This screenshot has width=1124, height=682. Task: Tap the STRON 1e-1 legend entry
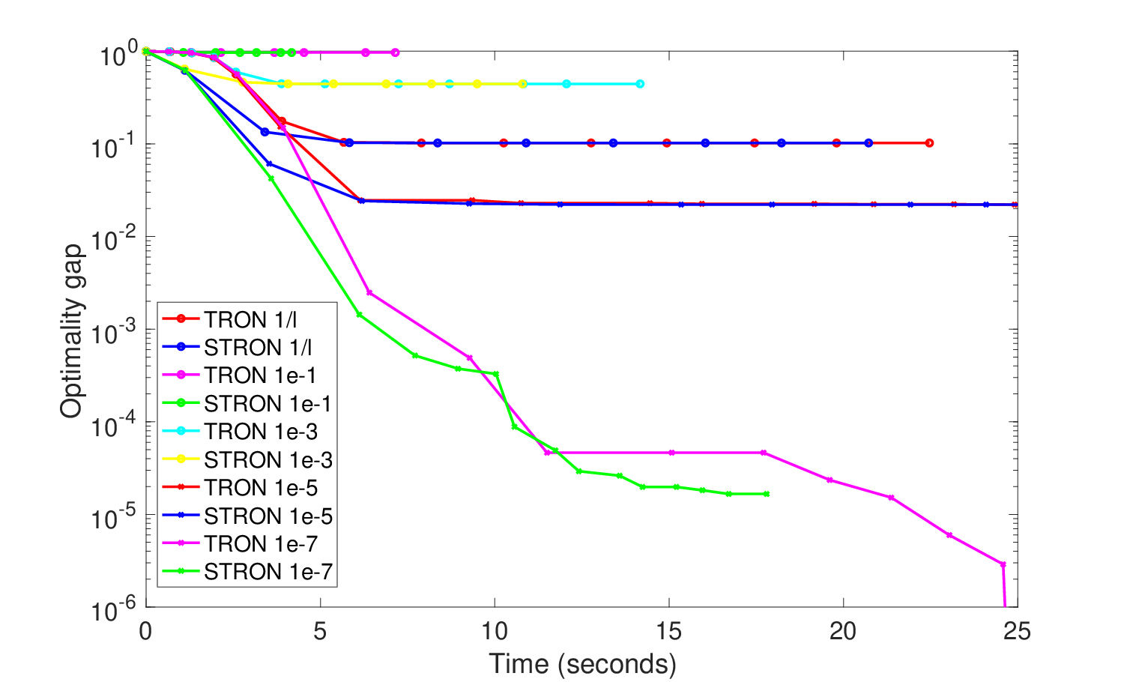click(247, 403)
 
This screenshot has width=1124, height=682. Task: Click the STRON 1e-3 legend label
click(247, 459)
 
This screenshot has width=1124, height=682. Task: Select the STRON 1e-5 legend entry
click(247, 516)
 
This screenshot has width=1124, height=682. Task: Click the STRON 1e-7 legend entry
click(247, 572)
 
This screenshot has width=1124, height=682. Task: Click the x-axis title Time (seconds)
click(582, 664)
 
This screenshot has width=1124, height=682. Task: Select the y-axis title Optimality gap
click(70, 331)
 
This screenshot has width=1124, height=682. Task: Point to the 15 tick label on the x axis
click(669, 631)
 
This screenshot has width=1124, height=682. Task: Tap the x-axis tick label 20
click(843, 631)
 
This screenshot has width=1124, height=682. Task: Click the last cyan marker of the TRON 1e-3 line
click(640, 84)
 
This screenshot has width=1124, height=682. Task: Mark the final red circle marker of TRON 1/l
click(929, 143)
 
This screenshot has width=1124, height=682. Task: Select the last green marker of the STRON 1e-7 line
click(767, 495)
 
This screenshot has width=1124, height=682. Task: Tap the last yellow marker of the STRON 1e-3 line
click(523, 84)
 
